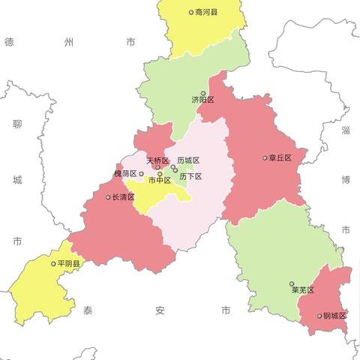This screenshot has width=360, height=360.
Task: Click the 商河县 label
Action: pyautogui.click(x=206, y=13)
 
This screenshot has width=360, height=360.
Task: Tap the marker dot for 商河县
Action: pyautogui.click(x=191, y=13)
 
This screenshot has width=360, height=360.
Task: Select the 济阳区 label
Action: pyautogui.click(x=202, y=100)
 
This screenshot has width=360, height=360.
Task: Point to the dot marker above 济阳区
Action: pyautogui.click(x=202, y=93)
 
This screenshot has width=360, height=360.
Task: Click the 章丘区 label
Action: pyautogui.click(x=280, y=158)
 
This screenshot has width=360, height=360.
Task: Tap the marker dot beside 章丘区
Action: pyautogui.click(x=265, y=158)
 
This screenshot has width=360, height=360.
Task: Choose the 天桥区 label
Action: pyautogui.click(x=157, y=160)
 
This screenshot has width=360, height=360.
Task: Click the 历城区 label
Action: pyautogui.click(x=188, y=160)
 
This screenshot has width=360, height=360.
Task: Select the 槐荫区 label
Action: pyautogui.click(x=125, y=174)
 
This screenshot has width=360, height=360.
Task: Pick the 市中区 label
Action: pyautogui.click(x=159, y=180)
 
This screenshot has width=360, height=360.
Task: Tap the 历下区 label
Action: pyautogui.click(x=190, y=176)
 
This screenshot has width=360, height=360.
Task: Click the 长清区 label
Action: pyautogui.click(x=123, y=197)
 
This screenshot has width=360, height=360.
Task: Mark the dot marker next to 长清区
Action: pyautogui.click(x=108, y=197)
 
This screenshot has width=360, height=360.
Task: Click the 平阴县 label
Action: pyautogui.click(x=70, y=264)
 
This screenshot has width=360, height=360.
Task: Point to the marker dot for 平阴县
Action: pyautogui.click(x=53, y=264)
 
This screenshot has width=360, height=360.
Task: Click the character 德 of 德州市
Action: pyautogui.click(x=10, y=43)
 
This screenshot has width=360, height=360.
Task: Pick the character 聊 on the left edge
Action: pyautogui.click(x=17, y=124)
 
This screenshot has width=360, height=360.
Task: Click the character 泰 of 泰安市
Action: pyautogui.click(x=88, y=310)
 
